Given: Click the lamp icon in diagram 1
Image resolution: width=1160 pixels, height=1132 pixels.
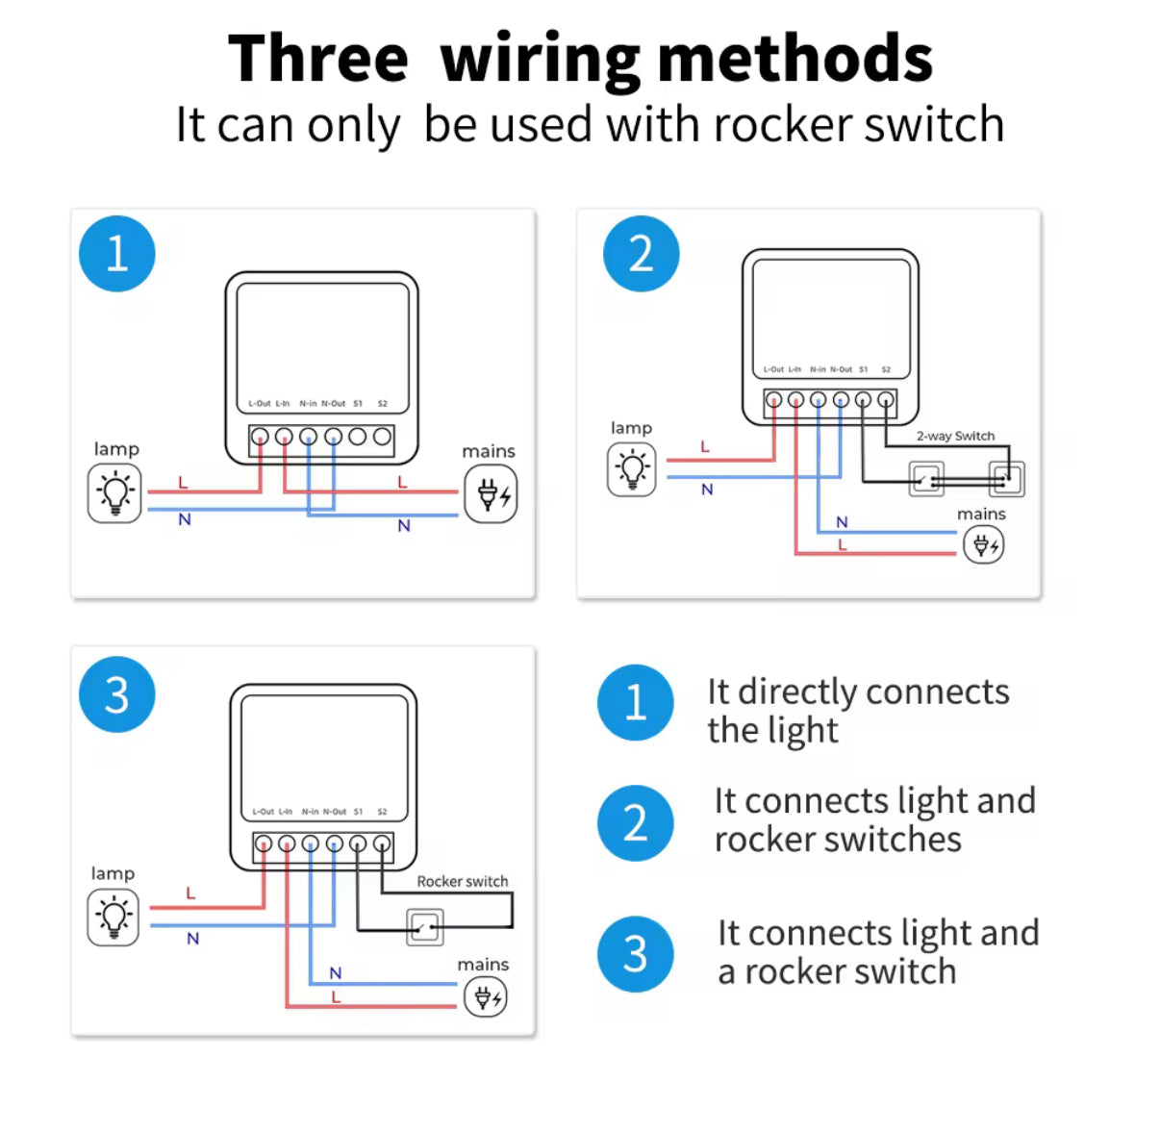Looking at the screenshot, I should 114,493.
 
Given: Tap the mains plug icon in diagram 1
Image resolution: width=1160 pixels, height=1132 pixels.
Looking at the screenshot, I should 491,494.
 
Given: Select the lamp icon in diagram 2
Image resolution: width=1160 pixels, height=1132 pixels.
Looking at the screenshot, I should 632,469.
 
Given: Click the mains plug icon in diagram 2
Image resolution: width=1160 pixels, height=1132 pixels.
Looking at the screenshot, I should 983,545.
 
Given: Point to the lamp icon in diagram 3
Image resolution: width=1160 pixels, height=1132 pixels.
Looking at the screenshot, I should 113,917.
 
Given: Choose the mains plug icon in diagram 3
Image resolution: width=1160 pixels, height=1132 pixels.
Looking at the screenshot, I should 485,997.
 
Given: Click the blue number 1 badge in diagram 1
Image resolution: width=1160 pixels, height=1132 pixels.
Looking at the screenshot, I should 116,254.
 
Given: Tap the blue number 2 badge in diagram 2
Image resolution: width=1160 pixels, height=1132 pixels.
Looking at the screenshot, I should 641,254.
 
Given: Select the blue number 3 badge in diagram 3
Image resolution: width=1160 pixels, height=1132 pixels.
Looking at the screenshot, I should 116,694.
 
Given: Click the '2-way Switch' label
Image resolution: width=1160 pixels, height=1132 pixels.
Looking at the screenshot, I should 955,436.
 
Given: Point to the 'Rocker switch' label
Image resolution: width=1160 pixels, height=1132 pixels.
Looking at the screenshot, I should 462,881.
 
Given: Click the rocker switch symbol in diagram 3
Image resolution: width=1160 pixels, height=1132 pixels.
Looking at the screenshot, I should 424,927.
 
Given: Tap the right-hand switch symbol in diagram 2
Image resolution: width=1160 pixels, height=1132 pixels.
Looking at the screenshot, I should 1007,478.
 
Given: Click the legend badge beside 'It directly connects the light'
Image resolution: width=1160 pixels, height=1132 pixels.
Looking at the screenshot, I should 635,702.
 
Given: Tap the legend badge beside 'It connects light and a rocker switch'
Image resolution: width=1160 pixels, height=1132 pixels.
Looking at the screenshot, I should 635,954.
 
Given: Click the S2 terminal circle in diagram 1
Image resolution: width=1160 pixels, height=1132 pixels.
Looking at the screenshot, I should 382,437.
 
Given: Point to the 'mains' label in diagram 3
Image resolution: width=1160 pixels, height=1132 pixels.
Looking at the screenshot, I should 483,964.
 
